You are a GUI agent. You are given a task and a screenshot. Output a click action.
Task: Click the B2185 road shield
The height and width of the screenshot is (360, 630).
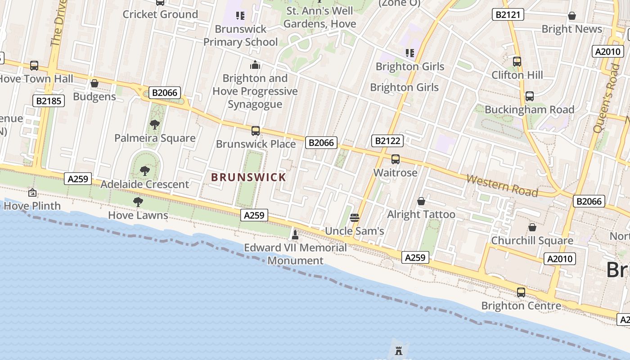(49, 101)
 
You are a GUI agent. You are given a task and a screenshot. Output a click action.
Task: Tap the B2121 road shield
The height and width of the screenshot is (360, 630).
(508, 14)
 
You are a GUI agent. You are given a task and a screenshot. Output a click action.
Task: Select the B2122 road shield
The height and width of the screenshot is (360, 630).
(387, 141)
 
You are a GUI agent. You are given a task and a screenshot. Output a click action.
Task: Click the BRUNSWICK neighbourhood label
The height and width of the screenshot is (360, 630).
(249, 177)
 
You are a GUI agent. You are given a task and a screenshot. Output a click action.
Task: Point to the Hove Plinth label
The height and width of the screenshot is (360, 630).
(32, 206)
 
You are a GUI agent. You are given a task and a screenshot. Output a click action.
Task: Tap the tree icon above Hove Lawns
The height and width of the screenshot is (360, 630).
(138, 202)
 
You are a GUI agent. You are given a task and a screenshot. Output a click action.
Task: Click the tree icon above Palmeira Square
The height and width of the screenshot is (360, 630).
(155, 125)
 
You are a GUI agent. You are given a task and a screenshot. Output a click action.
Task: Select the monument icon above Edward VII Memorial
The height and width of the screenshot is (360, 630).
(295, 234)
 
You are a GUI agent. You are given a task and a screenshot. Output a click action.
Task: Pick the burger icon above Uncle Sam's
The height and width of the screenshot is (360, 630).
(355, 218)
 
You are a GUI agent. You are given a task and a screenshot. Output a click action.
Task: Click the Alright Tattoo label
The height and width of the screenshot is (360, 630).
(421, 214)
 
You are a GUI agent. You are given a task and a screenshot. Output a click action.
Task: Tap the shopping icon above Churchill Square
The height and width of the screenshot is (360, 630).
(532, 227)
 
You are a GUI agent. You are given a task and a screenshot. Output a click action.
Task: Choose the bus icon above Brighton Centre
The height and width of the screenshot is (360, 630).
(521, 292)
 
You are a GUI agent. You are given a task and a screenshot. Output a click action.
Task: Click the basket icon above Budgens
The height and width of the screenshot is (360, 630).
(94, 84)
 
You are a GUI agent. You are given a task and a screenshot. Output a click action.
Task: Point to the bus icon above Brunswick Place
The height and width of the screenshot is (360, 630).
(256, 131)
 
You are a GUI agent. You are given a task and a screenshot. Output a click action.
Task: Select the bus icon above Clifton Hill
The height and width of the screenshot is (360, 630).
(517, 62)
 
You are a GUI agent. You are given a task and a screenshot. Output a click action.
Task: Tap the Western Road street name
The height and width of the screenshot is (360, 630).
(502, 185)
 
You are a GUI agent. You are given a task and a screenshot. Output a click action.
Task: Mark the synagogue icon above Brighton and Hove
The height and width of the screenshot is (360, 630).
(255, 65)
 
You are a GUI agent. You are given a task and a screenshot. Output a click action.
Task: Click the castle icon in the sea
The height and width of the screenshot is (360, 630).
(399, 351)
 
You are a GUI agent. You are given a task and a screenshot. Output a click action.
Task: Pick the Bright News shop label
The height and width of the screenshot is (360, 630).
(571, 29)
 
